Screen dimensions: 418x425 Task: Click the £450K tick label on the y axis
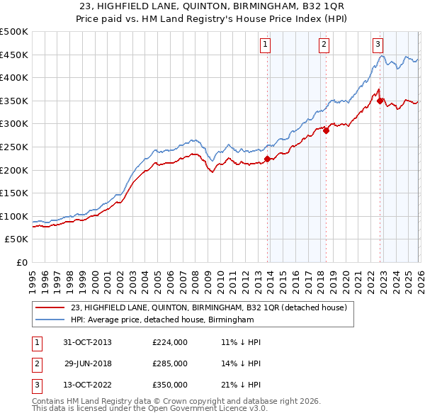point(14,55)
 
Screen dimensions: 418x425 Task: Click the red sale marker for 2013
point(268,159)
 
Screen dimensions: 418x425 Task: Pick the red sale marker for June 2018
point(326,130)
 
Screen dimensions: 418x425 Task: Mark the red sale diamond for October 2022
point(380,101)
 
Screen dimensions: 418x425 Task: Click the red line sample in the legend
point(50,308)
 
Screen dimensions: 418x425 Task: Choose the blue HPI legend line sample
point(50,320)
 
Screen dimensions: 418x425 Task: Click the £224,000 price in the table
point(170,342)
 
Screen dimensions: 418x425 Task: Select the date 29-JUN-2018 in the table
point(88,364)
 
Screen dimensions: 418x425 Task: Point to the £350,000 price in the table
point(170,385)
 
